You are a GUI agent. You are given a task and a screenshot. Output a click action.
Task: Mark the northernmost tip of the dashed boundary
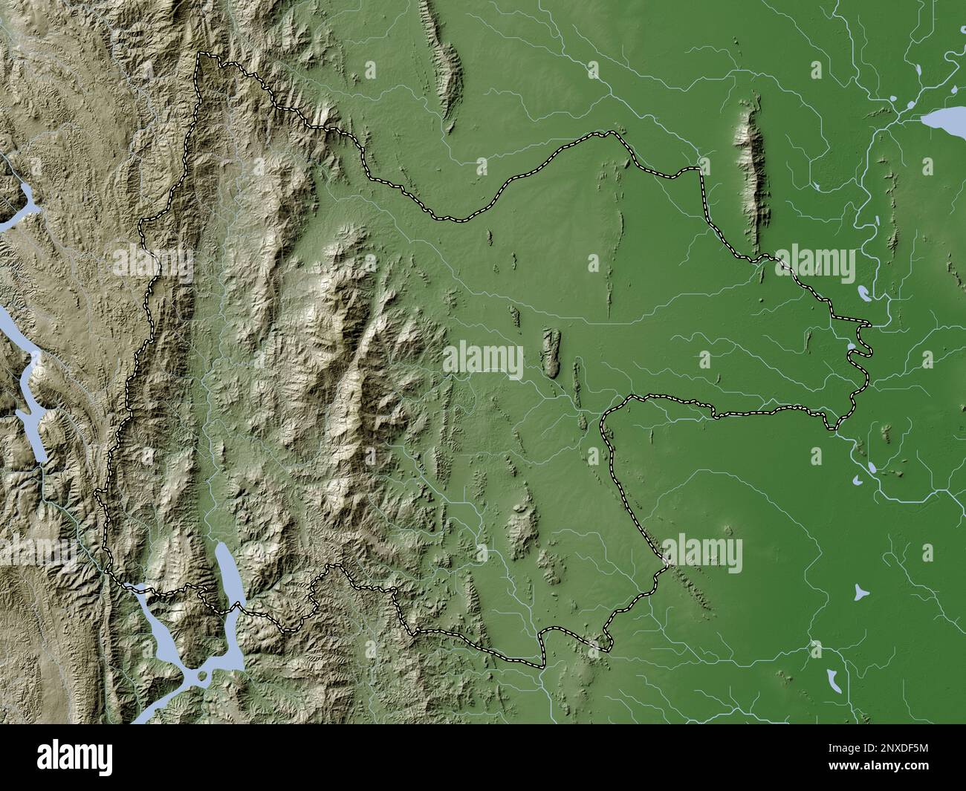pyautogui.click(x=199, y=55)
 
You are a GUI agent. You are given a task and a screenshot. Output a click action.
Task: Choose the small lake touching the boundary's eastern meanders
pyautogui.click(x=852, y=345)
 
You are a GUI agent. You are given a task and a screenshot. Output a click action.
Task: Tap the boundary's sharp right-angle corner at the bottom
pyautogui.click(x=543, y=663)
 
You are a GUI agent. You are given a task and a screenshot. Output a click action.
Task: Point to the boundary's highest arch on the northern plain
pyautogui.click(x=611, y=133)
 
